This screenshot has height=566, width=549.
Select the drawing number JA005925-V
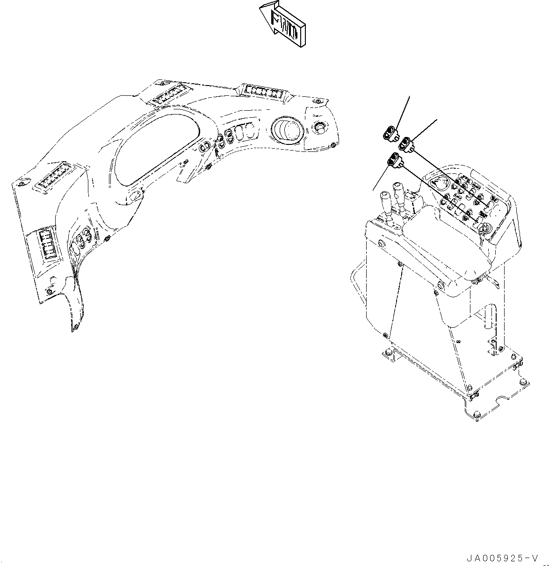(501, 558)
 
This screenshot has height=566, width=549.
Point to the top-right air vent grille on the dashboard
(264, 91)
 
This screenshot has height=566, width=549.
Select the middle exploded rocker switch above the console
(406, 143)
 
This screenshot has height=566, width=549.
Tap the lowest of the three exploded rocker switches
(394, 161)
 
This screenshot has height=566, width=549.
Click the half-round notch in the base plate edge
(503, 401)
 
